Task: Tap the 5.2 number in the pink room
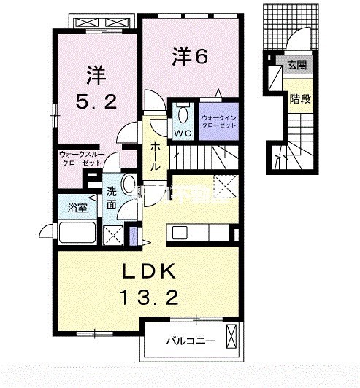coord(95,103)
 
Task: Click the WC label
coord(182,133)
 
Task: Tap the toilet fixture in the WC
coord(182,115)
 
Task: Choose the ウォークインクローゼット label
coord(218,122)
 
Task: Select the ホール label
coord(155,157)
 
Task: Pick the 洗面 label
coord(112,198)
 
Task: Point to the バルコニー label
coord(189,341)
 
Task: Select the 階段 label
coord(299,98)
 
